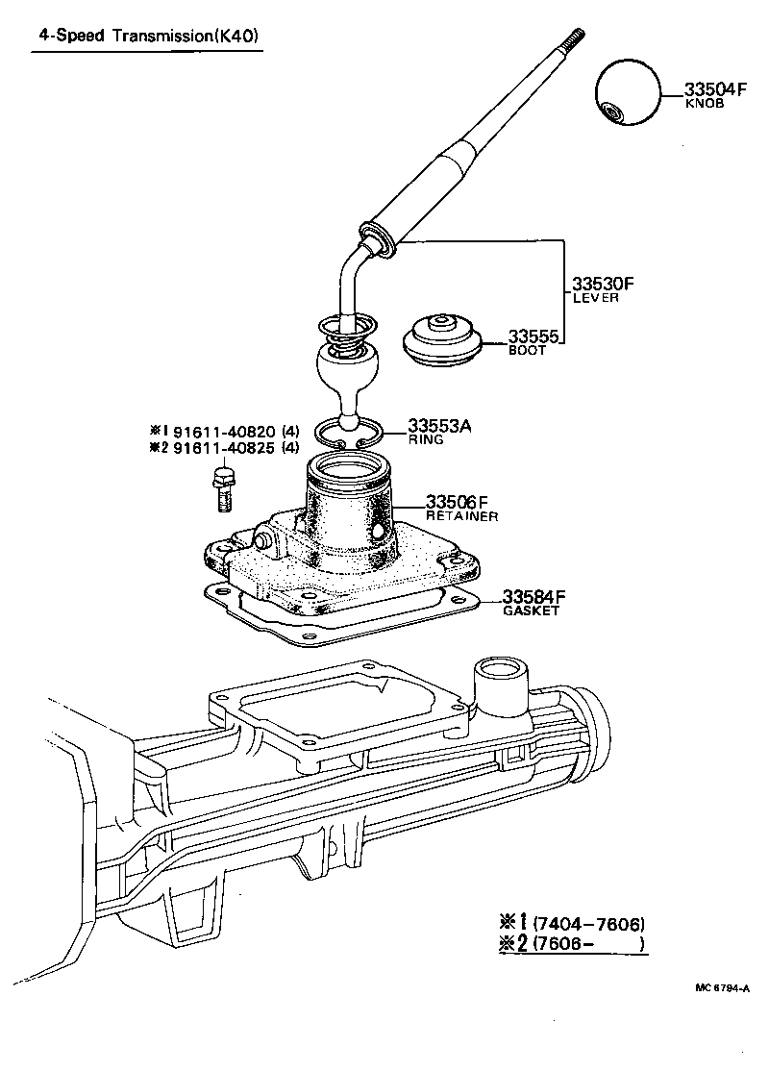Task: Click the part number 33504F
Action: point(715,89)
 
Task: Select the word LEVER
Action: point(595,298)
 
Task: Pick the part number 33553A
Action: point(439,425)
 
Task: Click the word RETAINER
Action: point(461,516)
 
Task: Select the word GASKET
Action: point(531,611)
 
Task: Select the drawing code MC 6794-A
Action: point(723,987)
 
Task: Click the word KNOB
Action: point(704,103)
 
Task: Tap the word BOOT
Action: point(527,350)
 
